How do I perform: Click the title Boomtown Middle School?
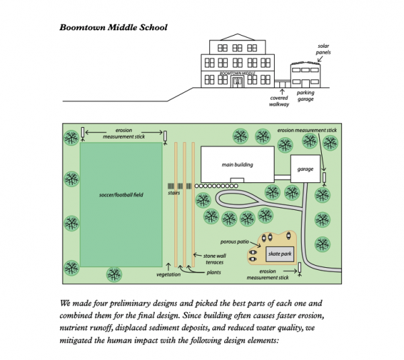tap(112, 28)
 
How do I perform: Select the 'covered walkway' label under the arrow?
tap(279, 101)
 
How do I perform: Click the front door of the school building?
tap(236, 81)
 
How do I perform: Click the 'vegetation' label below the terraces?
tap(168, 275)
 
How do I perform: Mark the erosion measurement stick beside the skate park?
tap(299, 268)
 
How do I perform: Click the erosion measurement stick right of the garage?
tap(324, 177)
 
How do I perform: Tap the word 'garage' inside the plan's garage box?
tap(306, 170)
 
